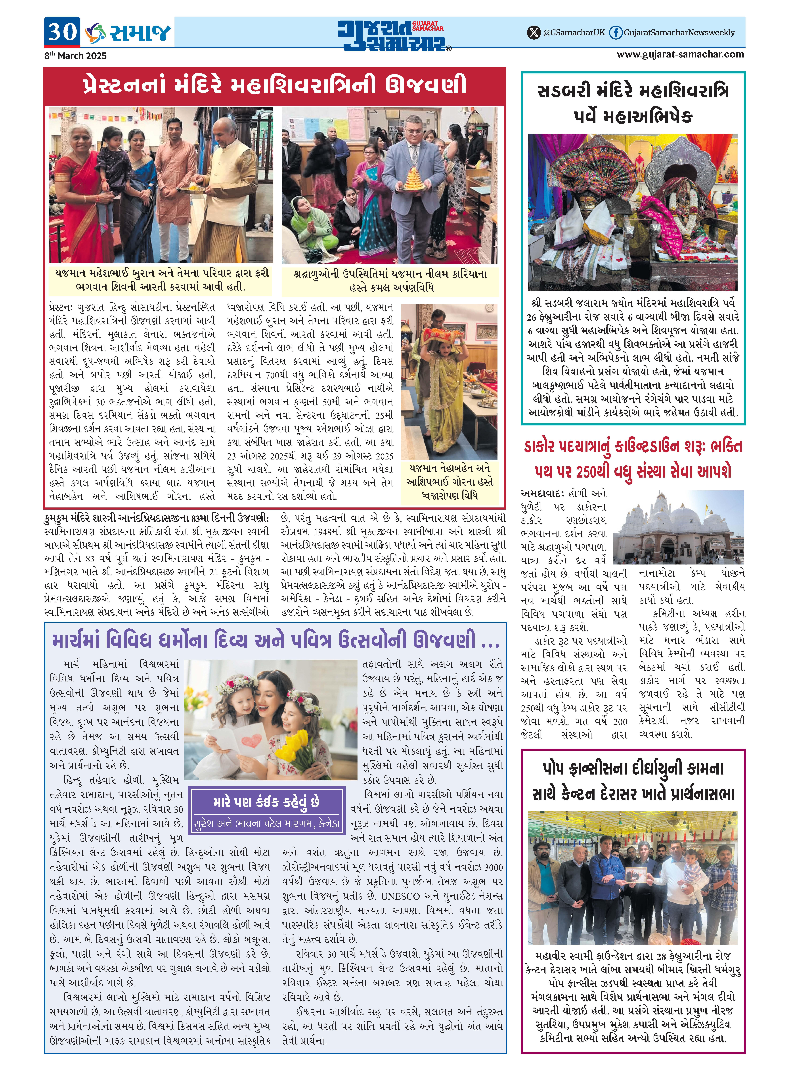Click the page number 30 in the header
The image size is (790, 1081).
coord(62,32)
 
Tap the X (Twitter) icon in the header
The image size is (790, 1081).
coord(533,33)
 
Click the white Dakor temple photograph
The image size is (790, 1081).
coord(678,527)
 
